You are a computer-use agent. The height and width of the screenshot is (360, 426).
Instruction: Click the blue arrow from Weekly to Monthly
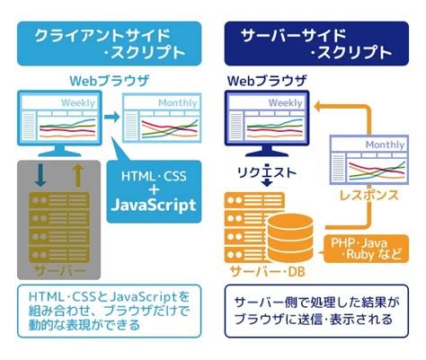[111, 118]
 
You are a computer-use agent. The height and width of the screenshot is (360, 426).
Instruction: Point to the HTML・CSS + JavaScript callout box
[153, 187]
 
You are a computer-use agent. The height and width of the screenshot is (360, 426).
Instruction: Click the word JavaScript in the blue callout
[153, 205]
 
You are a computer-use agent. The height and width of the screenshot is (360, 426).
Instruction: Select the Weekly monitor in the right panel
[267, 121]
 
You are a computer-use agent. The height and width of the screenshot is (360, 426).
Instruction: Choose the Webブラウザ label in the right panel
[266, 81]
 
